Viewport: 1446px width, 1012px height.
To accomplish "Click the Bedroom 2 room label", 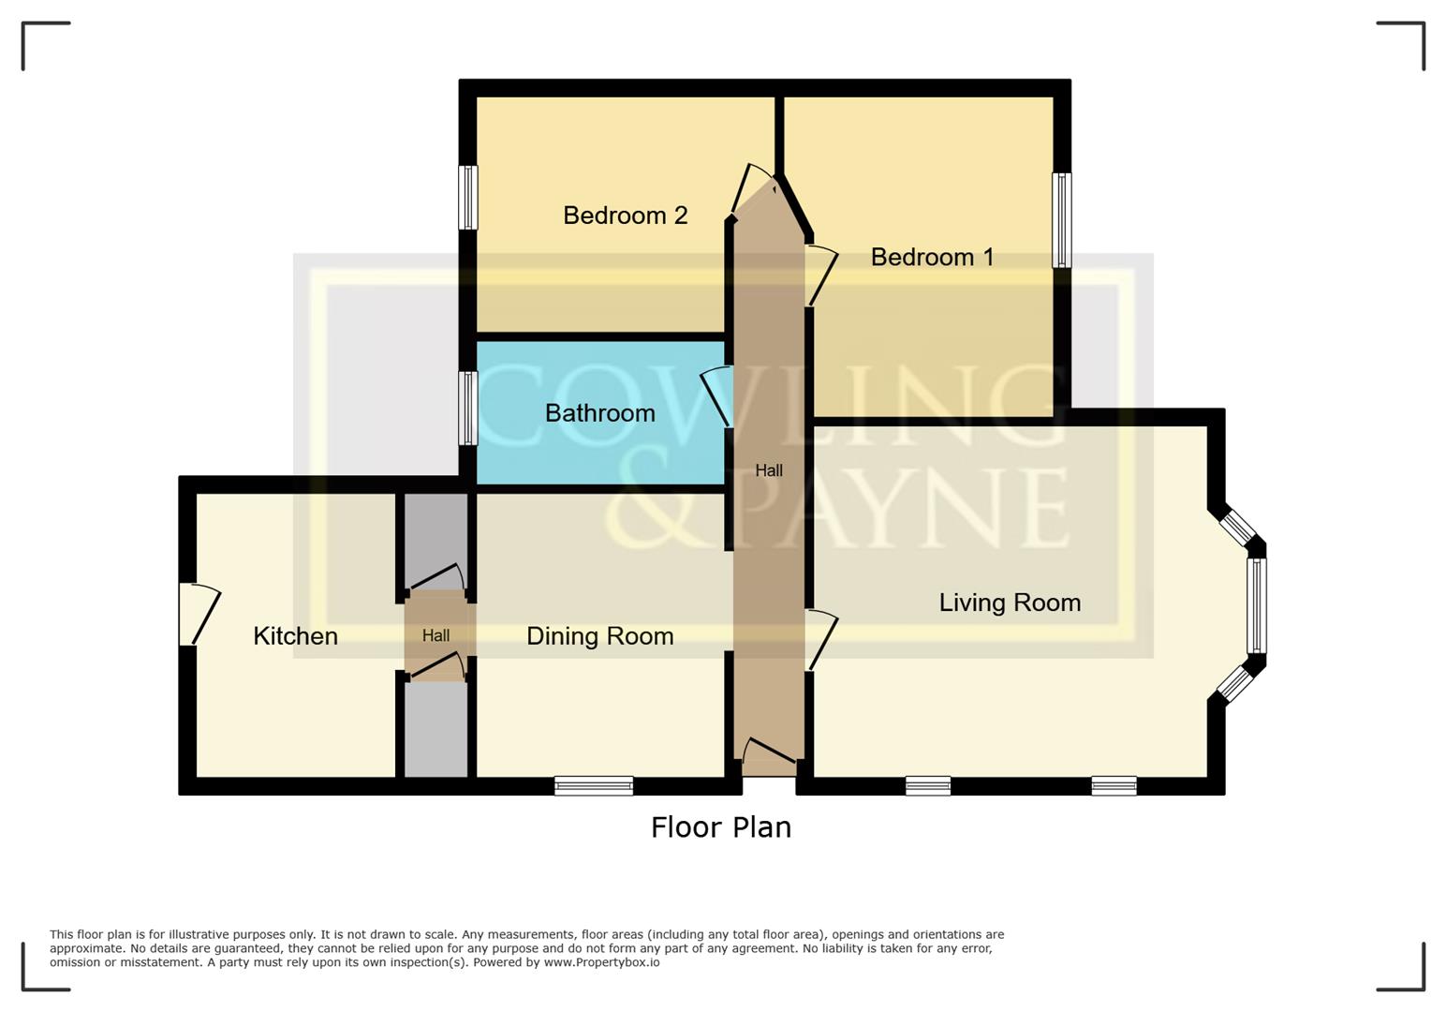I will point(625,216).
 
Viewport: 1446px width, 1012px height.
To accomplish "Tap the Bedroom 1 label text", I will point(932,257).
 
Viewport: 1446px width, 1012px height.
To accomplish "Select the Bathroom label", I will point(599,413).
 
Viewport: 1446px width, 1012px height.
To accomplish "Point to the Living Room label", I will point(1010,603).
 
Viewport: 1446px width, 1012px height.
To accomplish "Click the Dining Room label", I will point(599,636).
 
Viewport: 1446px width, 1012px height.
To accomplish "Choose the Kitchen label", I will point(295,636).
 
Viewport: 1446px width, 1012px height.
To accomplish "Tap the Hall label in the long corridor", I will point(769,470).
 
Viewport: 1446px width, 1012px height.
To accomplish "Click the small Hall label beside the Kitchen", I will point(435,635).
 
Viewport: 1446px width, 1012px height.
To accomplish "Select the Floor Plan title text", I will point(721,827).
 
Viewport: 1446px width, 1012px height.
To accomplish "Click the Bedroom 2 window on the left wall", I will point(467,198).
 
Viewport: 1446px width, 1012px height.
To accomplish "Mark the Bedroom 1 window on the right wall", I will point(1061,220).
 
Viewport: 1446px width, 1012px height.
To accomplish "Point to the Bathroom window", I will point(467,408).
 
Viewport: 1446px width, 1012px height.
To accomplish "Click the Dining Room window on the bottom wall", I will point(594,785).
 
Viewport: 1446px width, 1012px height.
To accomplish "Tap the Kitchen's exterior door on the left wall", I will point(197,614).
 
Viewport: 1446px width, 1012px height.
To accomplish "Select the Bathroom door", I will point(717,397).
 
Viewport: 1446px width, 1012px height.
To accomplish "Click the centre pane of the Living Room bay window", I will point(1257,605).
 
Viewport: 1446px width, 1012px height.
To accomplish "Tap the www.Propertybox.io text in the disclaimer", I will point(601,962).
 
